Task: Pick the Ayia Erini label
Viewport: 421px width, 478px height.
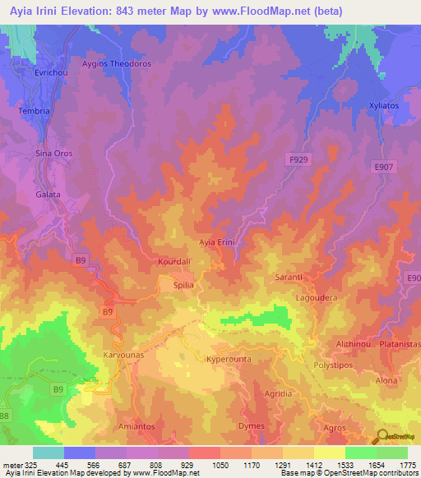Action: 218,242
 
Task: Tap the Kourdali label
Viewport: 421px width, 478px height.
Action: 173,262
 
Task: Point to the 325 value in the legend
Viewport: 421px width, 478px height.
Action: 25,465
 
